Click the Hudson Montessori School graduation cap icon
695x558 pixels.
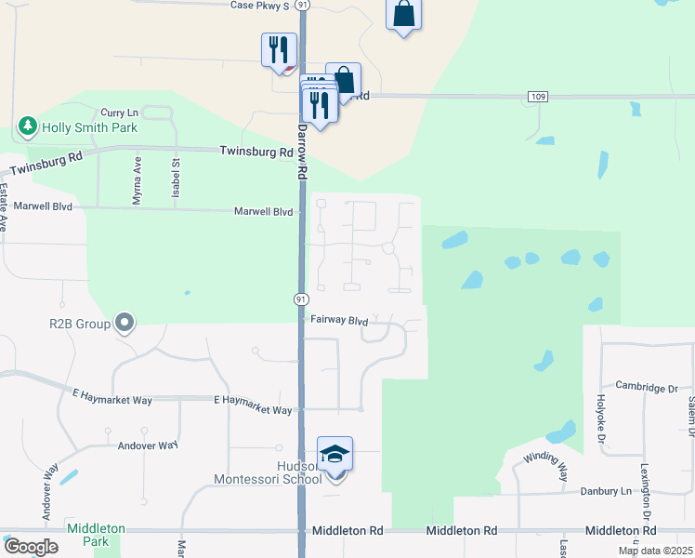tap(334, 454)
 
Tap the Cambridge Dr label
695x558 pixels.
tap(647, 387)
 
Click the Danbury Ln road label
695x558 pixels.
tap(606, 490)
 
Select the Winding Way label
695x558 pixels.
tap(544, 463)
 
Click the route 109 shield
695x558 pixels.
tap(537, 97)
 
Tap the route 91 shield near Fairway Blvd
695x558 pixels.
tap(301, 299)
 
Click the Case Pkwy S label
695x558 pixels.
tap(262, 5)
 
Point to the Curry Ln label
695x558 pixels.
tap(118, 112)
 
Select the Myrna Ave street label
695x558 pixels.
tap(136, 179)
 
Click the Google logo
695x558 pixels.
tap(31, 547)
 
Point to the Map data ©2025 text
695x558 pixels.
tap(655, 551)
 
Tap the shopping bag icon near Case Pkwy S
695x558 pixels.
tap(403, 15)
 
